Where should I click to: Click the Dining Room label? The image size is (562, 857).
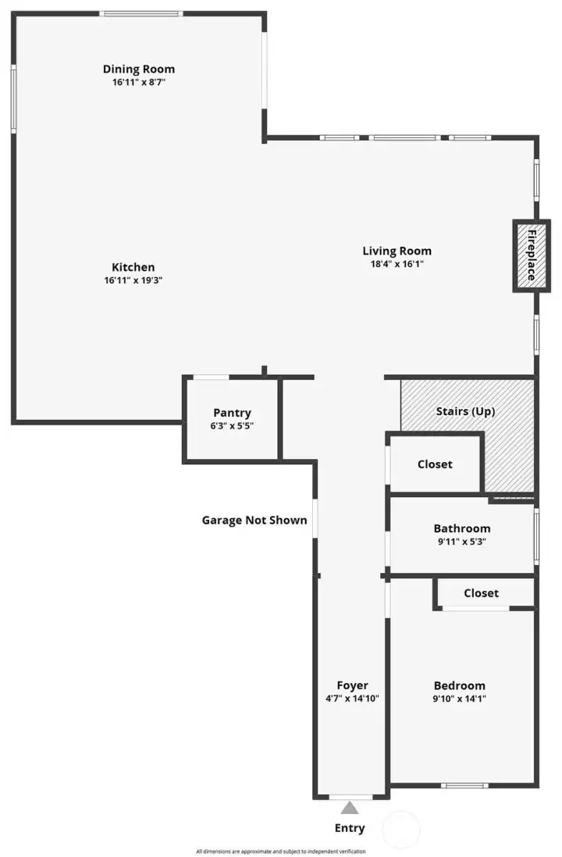pyautogui.click(x=139, y=69)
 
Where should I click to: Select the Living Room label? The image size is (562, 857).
pyautogui.click(x=397, y=251)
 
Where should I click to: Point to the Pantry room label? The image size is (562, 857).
pyautogui.click(x=233, y=413)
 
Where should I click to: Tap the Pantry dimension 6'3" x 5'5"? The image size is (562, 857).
pyautogui.click(x=233, y=426)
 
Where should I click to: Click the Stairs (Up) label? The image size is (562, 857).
pyautogui.click(x=465, y=411)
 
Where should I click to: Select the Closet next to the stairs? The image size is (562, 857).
pyautogui.click(x=435, y=464)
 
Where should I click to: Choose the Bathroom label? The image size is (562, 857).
pyautogui.click(x=462, y=528)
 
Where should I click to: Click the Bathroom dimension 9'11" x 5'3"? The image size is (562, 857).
pyautogui.click(x=462, y=541)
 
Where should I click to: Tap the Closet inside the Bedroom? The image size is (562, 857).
pyautogui.click(x=481, y=593)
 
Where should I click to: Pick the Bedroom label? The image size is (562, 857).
pyautogui.click(x=459, y=685)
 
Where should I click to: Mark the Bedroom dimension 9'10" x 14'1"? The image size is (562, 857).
pyautogui.click(x=459, y=699)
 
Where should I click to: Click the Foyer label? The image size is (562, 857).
pyautogui.click(x=352, y=685)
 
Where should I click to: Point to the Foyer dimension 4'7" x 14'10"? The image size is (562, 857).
pyautogui.click(x=352, y=699)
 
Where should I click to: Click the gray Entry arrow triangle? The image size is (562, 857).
pyautogui.click(x=350, y=808)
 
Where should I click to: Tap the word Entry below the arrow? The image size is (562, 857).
pyautogui.click(x=350, y=828)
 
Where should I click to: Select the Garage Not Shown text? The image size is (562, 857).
pyautogui.click(x=254, y=520)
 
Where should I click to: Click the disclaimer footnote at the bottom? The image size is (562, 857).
pyautogui.click(x=281, y=852)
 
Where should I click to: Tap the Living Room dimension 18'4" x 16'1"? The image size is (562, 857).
pyautogui.click(x=397, y=264)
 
